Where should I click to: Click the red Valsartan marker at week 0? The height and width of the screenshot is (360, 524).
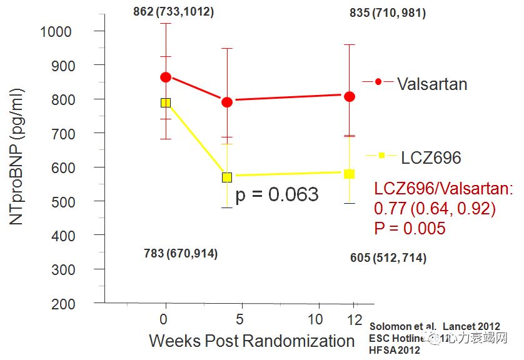[165, 77]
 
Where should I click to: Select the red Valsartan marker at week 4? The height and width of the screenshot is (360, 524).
[227, 102]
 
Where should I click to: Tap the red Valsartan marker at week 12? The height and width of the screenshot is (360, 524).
[350, 96]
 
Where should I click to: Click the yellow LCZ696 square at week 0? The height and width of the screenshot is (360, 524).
[165, 102]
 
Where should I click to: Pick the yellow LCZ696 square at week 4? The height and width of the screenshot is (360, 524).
[227, 177]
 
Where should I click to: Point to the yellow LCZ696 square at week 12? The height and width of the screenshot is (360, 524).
[350, 173]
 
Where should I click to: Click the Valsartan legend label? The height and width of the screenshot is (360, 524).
[432, 84]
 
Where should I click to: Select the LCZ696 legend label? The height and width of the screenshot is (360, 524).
[431, 157]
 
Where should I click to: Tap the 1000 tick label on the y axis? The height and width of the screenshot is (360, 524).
[56, 31]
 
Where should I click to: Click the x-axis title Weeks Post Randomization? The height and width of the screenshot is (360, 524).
[252, 341]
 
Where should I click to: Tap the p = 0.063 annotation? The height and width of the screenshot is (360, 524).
[277, 194]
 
